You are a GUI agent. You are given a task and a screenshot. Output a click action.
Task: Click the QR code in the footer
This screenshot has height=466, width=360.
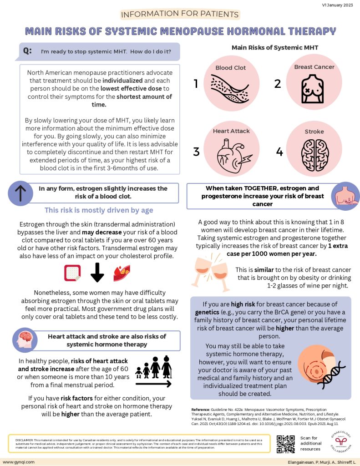[286, 444]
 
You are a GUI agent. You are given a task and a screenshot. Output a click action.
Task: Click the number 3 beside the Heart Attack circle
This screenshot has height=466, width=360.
[196, 152]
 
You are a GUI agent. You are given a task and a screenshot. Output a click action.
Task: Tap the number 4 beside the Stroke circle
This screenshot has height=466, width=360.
[279, 152]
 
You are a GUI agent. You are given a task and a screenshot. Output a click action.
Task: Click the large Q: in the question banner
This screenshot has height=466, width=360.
[27, 51]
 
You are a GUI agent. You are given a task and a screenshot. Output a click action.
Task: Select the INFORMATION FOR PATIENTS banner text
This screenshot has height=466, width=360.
[180, 14]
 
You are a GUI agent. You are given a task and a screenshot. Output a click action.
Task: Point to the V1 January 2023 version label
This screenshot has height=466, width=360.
[338, 4]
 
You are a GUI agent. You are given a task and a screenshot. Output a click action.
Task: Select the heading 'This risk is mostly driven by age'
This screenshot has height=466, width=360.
[99, 210]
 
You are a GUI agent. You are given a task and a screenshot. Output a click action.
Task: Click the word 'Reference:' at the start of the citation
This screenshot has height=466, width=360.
[203, 409]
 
